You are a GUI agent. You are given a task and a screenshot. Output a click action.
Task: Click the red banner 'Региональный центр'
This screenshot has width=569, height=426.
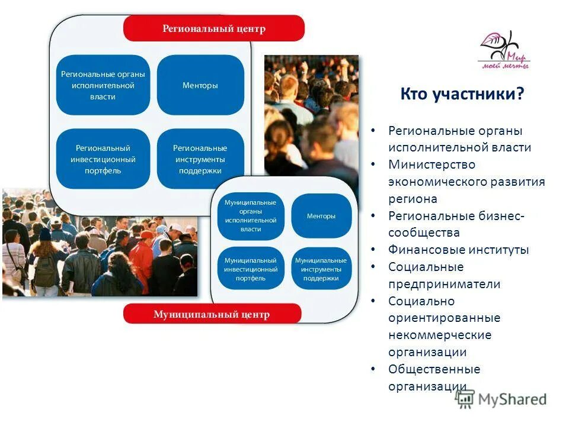click(x=214, y=28)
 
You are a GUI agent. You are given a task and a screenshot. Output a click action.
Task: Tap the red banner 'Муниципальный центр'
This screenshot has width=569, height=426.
click(x=212, y=314)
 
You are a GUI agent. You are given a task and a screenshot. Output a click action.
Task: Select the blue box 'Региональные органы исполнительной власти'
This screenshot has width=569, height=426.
click(x=103, y=85)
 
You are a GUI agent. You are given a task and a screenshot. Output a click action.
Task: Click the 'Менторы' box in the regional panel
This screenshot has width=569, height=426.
click(x=200, y=85)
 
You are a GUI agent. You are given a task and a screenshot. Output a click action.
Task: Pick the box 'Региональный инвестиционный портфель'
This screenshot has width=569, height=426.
click(x=103, y=159)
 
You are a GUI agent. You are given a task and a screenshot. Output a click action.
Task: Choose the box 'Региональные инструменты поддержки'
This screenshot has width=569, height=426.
click(x=200, y=159)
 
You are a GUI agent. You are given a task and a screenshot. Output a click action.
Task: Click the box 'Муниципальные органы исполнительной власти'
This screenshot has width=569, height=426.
click(x=251, y=215)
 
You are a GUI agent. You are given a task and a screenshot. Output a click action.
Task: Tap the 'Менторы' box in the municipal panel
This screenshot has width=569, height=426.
click(x=321, y=216)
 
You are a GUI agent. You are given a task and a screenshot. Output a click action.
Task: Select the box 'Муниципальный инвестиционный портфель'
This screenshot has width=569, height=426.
click(x=251, y=269)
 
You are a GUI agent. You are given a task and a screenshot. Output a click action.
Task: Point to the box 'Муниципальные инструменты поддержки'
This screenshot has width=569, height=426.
click(x=321, y=269)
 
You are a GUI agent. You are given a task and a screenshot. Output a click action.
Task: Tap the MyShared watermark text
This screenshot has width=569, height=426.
click(x=512, y=399)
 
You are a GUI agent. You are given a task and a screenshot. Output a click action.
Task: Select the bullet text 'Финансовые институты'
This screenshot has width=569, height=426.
click(x=458, y=250)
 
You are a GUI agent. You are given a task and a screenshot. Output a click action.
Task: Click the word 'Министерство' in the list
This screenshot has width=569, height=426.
click(x=431, y=164)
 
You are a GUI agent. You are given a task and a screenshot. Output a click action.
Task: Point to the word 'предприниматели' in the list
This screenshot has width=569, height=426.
click(x=444, y=284)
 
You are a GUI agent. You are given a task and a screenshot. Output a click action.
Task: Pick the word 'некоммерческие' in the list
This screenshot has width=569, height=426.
click(x=440, y=335)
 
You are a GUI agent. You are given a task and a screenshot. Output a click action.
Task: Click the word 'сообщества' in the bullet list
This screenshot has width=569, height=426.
click(x=424, y=233)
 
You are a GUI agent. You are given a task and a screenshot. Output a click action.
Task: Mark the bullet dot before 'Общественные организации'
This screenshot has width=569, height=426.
click(x=372, y=369)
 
